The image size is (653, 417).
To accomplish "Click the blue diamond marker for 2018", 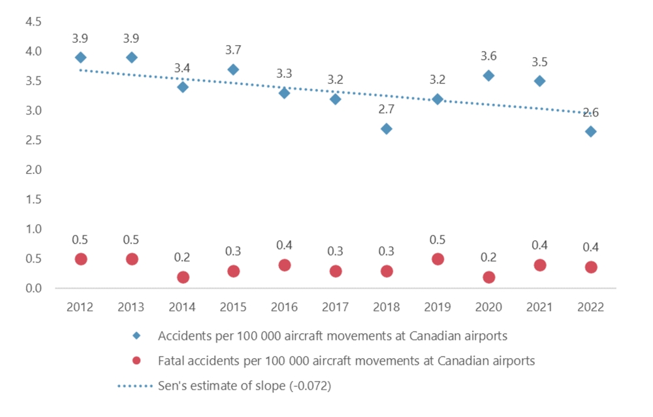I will [387, 129].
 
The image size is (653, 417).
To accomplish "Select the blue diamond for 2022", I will [590, 131].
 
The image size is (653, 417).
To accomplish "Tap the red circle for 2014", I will [183, 277].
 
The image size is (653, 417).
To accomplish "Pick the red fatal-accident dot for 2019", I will [438, 259].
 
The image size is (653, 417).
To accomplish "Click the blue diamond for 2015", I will [234, 69].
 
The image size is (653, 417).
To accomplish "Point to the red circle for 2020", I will [488, 277].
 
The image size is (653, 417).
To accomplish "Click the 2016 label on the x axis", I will [285, 307].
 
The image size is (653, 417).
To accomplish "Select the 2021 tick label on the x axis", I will [539, 307].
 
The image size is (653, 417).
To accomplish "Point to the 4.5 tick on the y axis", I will [33, 22].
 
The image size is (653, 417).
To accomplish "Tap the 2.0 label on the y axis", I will [33, 170].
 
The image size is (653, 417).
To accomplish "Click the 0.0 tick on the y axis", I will [33, 288].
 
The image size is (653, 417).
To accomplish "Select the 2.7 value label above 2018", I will [387, 110].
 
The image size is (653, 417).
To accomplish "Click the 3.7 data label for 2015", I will [234, 50].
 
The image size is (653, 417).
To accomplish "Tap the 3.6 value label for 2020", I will [488, 56].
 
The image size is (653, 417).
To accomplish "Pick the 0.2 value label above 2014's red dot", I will [183, 258].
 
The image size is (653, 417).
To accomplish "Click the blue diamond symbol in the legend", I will [136, 336].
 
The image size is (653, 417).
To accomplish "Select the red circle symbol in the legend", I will [136, 361].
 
